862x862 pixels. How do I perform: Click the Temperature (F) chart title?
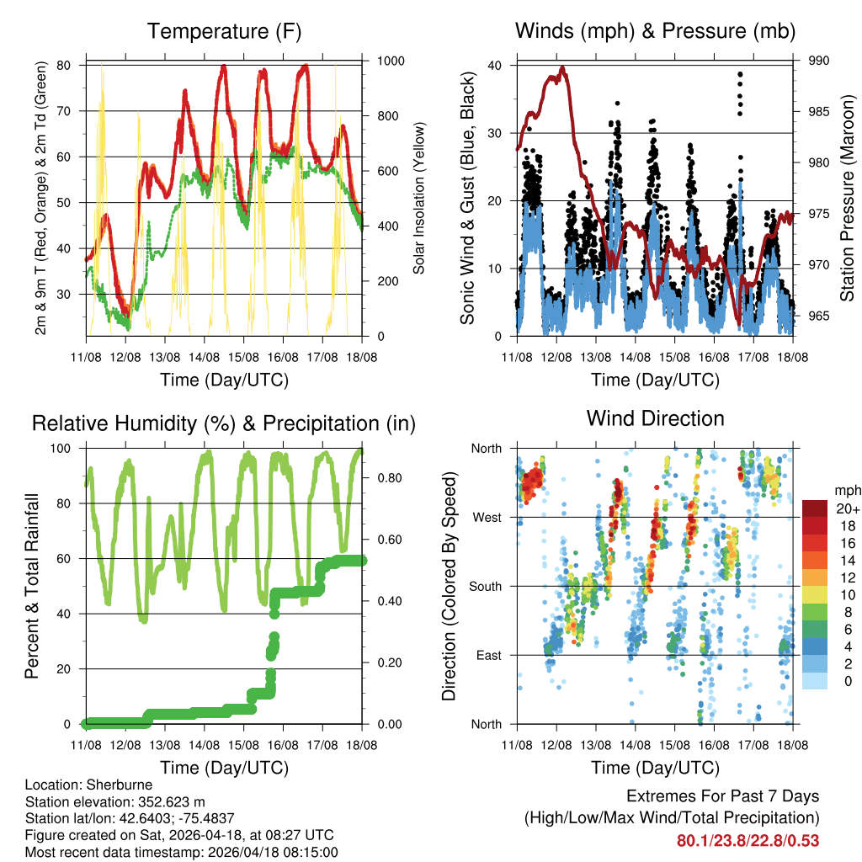pyautogui.click(x=224, y=32)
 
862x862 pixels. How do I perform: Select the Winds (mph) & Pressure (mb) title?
pyautogui.click(x=655, y=32)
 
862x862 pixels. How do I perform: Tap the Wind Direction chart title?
pyautogui.click(x=655, y=418)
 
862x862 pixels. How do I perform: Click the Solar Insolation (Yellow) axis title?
pyautogui.click(x=418, y=198)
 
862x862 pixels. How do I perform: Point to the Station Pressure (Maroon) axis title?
pyautogui.click(x=848, y=198)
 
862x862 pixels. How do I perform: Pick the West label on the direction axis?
pyautogui.click(x=486, y=518)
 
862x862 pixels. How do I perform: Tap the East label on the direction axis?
pyautogui.click(x=488, y=655)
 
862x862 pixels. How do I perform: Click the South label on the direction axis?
pyautogui.click(x=484, y=586)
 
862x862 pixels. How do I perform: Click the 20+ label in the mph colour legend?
pyautogui.click(x=848, y=509)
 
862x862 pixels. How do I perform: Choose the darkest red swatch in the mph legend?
pyautogui.click(x=816, y=508)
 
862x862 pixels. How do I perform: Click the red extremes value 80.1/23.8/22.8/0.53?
pyautogui.click(x=748, y=841)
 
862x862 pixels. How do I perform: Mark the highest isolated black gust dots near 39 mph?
pyautogui.click(x=740, y=75)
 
